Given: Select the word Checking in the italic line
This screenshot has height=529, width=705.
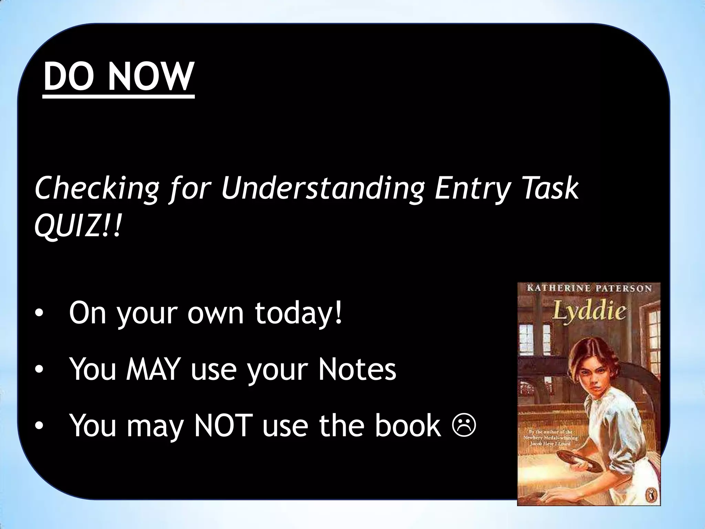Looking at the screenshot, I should tap(96, 189).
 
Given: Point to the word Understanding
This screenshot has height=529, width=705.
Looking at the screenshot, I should tap(322, 189).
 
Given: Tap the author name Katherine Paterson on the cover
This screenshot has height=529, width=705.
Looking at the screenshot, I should tap(589, 288).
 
